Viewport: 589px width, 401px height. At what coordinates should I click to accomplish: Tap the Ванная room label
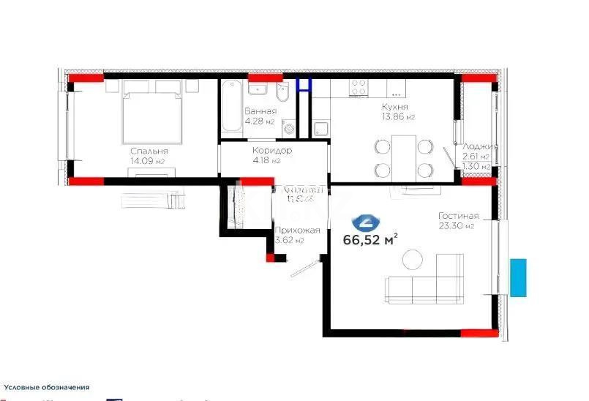tap(260, 111)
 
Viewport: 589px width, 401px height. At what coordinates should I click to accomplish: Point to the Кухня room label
tap(394, 107)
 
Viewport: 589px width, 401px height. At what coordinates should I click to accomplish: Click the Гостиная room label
tap(458, 216)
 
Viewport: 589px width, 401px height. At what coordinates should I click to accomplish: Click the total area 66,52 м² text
tap(370, 239)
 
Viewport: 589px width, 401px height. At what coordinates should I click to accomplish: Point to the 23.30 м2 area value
tap(457, 226)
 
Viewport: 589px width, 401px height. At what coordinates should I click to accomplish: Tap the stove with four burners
tap(358, 87)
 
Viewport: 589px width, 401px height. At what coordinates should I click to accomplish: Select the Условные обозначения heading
tap(47, 387)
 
